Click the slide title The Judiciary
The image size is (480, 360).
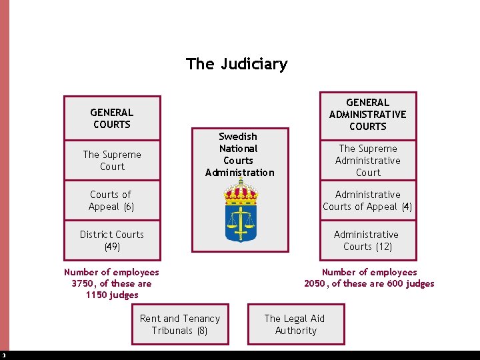tap(237, 64)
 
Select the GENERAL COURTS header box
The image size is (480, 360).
tap(112, 119)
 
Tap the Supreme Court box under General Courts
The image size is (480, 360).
tap(112, 161)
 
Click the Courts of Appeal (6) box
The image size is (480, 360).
tap(112, 201)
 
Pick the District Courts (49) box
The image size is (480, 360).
tap(112, 241)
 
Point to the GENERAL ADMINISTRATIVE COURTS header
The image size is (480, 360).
tap(367, 115)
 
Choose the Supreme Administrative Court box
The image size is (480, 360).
tap(367, 161)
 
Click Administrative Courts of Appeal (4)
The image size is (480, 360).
tap(367, 201)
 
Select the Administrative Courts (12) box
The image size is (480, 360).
tap(367, 241)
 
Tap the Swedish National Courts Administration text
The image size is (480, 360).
tap(239, 155)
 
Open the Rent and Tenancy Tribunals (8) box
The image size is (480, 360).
tap(179, 325)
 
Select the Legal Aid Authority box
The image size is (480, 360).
tap(295, 325)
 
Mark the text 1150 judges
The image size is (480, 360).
tap(112, 295)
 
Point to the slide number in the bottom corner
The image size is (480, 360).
tap(3, 355)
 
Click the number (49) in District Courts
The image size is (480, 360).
tap(112, 247)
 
